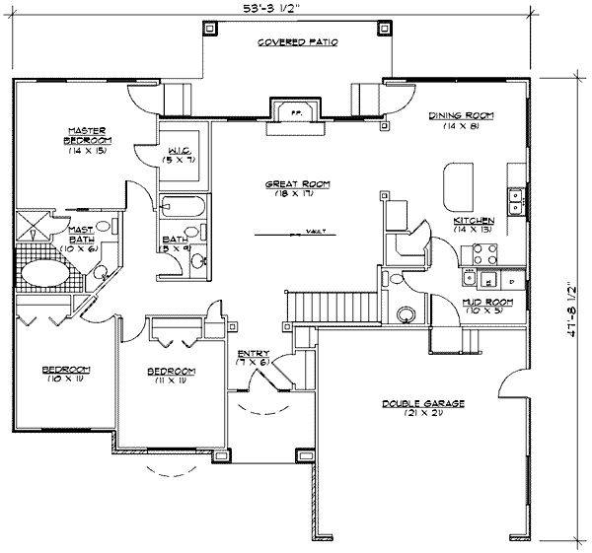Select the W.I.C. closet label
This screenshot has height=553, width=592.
179,154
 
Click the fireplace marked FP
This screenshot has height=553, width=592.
294,112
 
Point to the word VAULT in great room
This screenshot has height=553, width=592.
316,234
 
